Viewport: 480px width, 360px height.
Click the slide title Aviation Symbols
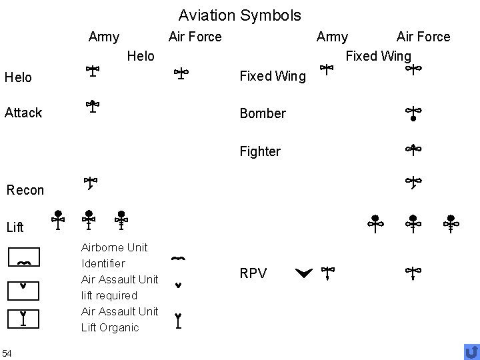[x=239, y=15]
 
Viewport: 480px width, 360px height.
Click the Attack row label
[x=23, y=113]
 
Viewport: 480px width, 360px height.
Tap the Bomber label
[x=263, y=113]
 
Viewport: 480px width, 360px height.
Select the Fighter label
[x=260, y=151]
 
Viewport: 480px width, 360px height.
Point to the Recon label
[x=25, y=190]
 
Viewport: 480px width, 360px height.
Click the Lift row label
[x=15, y=227]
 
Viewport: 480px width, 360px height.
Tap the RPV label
[x=253, y=273]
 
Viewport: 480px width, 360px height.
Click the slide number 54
[x=7, y=353]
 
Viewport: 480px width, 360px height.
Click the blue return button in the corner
[x=471, y=351]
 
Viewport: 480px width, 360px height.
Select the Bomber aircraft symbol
[x=413, y=114]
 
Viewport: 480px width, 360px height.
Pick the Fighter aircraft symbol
[x=413, y=150]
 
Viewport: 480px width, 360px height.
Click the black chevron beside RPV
[x=303, y=272]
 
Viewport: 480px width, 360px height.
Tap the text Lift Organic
[x=110, y=327]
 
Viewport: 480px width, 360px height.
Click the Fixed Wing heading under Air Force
[x=378, y=55]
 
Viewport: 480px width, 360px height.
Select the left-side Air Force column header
[x=195, y=37]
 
